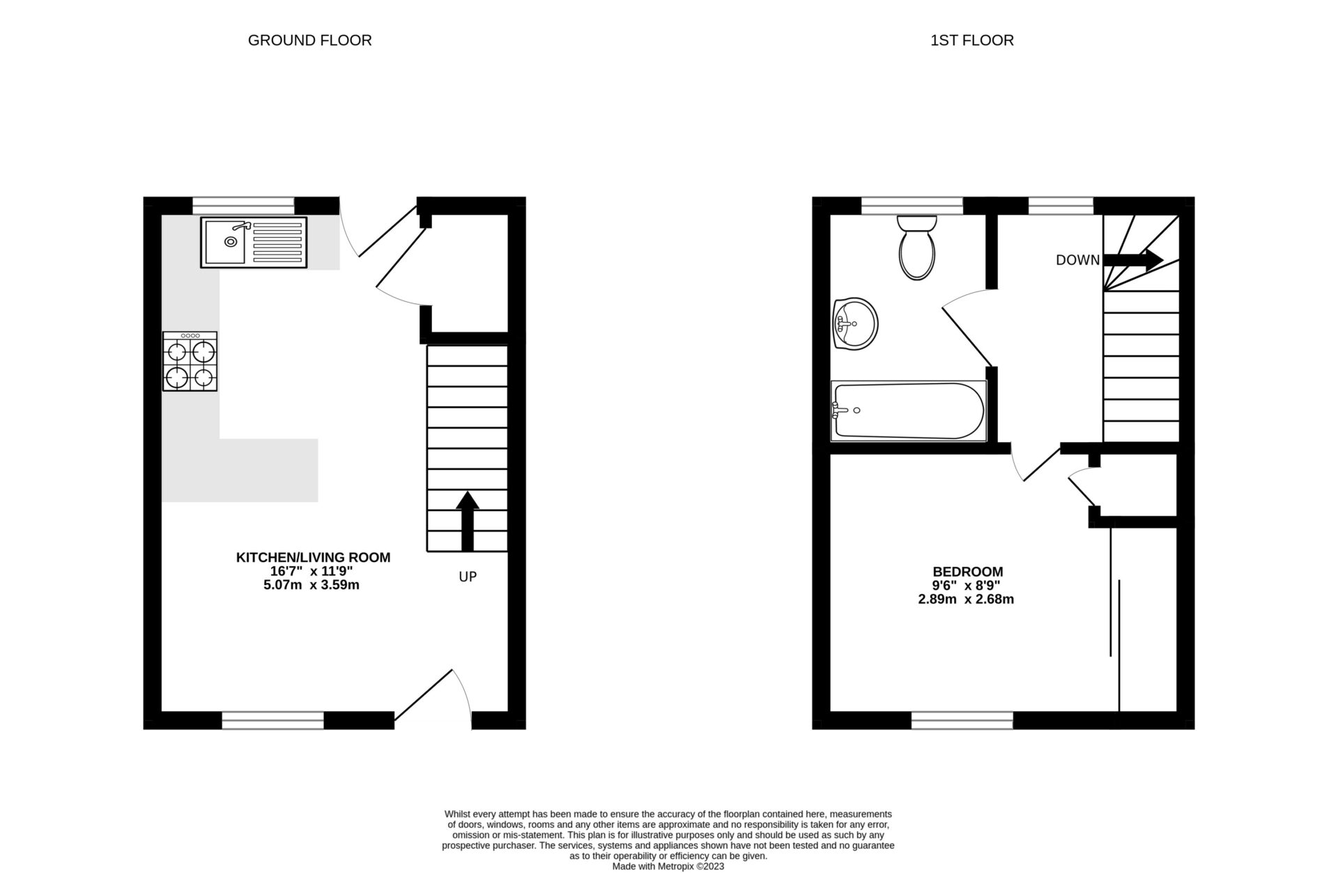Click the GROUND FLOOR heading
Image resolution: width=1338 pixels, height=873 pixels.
click(x=309, y=40)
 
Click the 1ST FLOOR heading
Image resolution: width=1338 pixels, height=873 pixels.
click(x=971, y=40)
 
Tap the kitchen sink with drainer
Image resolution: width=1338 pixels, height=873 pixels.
click(x=254, y=242)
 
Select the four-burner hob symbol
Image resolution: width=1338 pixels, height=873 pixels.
click(x=190, y=361)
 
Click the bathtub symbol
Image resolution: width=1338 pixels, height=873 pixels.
click(x=909, y=411)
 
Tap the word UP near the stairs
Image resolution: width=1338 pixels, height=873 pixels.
click(x=468, y=577)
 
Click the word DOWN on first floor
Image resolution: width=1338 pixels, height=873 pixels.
click(x=1077, y=260)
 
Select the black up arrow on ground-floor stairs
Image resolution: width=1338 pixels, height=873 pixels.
click(x=467, y=521)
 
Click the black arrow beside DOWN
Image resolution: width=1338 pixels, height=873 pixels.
click(x=1132, y=259)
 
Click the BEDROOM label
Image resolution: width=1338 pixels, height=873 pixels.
click(x=968, y=572)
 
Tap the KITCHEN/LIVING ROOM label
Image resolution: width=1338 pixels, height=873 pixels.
click(x=313, y=557)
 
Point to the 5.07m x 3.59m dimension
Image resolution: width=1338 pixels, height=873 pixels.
click(x=311, y=585)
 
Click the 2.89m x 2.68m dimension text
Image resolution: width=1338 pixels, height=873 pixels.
click(x=966, y=599)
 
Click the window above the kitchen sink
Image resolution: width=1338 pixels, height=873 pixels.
click(x=243, y=205)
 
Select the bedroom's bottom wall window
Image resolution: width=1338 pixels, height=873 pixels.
click(x=962, y=720)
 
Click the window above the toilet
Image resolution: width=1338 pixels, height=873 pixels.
click(x=912, y=205)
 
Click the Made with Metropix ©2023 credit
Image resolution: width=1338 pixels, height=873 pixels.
click(x=668, y=866)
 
